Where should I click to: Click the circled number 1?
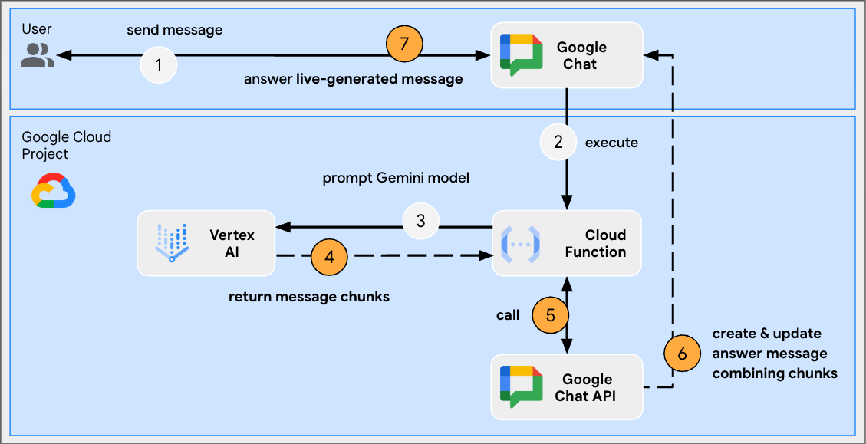[x=159, y=65]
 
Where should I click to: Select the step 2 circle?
[x=558, y=142]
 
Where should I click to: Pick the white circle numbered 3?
[x=420, y=221]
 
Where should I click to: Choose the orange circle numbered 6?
[x=682, y=354]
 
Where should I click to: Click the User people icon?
[x=37, y=55]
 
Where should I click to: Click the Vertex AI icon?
[x=172, y=242]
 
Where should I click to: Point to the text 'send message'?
[x=175, y=31]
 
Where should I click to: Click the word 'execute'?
[x=611, y=143]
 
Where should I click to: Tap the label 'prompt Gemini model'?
[x=396, y=178]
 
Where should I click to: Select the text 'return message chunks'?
[x=309, y=296]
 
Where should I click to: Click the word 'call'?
[x=508, y=314]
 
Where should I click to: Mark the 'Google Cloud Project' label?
[x=66, y=145]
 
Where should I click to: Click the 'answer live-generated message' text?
[x=353, y=79]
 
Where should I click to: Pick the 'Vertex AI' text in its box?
[x=232, y=242]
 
